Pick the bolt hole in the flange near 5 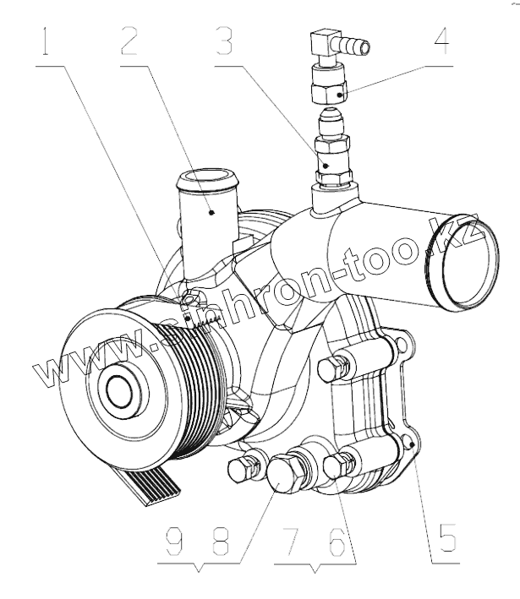click(x=408, y=440)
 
